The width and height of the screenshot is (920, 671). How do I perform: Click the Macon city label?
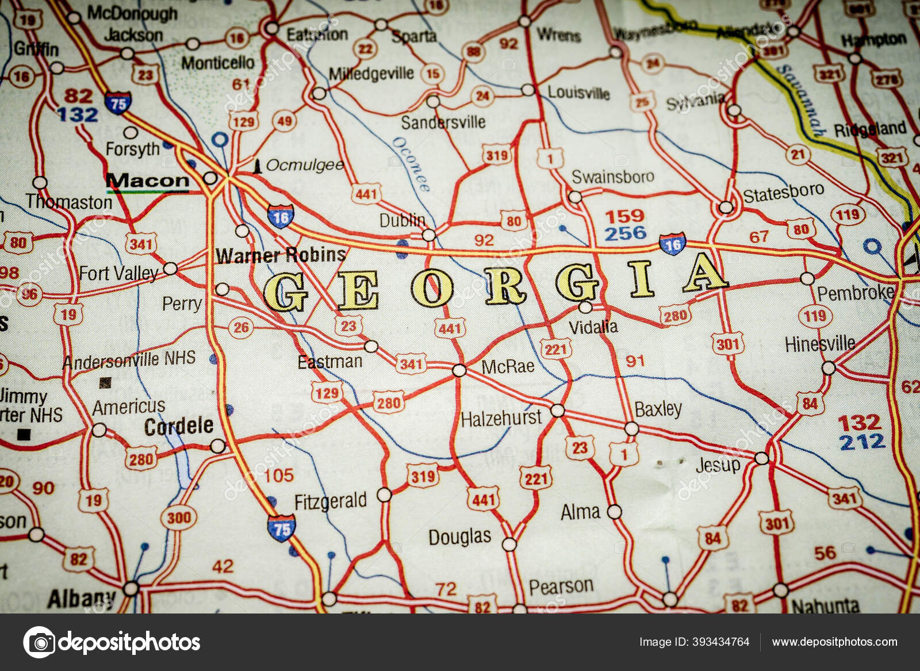click(x=148, y=181)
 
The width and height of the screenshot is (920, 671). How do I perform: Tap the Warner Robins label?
click(x=281, y=255)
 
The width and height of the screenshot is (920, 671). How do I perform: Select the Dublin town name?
click(x=402, y=220)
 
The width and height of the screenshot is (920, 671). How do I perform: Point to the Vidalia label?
click(x=593, y=327)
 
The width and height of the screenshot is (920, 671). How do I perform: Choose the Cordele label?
click(x=179, y=426)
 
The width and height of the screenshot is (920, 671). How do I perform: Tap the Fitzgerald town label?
click(x=330, y=501)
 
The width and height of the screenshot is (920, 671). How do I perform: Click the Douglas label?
click(x=459, y=537)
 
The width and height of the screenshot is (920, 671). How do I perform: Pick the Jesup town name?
click(x=718, y=465)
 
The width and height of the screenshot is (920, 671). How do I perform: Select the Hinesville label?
click(x=819, y=344)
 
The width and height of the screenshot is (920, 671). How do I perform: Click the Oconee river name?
click(x=411, y=164)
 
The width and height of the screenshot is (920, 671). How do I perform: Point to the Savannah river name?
click(x=800, y=101)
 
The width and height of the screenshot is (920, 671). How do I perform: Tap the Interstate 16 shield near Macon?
click(x=280, y=216)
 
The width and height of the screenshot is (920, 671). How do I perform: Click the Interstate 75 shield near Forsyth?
click(x=118, y=102)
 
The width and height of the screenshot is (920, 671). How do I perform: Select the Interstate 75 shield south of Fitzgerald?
click(x=281, y=527)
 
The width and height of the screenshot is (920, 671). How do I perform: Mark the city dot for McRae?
click(x=459, y=370)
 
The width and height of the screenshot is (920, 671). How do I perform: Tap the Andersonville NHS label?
click(x=129, y=360)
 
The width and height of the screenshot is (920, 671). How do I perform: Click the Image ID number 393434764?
click(x=721, y=642)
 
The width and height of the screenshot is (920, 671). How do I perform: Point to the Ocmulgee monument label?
click(x=304, y=166)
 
